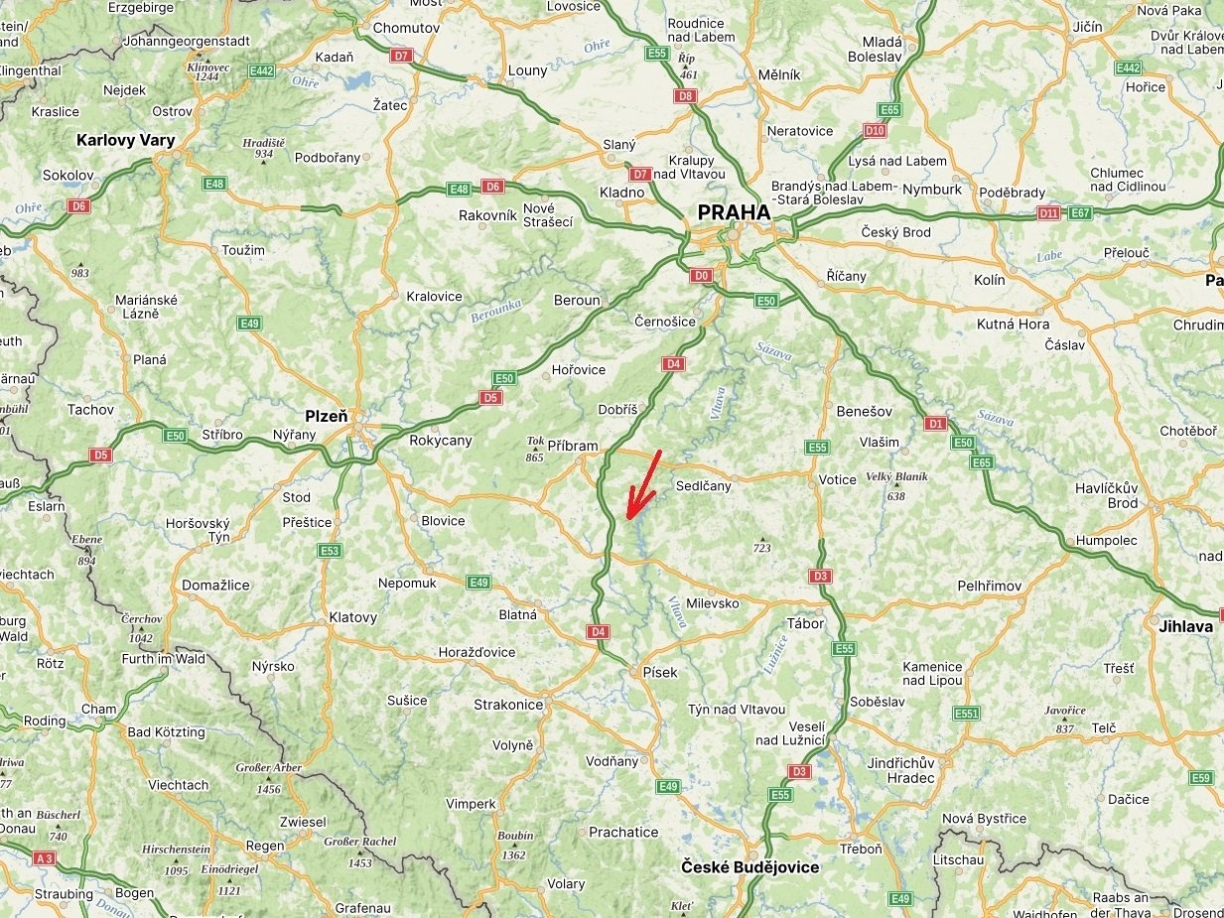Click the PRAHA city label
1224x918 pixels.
pos(734,212)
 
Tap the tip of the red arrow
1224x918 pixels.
pos(628,517)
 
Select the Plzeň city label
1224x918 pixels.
pos(326,416)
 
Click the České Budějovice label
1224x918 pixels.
pos(750,867)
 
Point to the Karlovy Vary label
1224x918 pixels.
pos(125,140)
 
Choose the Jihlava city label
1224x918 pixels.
pos(1185,626)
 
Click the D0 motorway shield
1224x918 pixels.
pos(702,275)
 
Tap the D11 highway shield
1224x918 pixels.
pos(1048,212)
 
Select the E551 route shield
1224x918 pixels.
pos(966,714)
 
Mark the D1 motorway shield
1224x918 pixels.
pos(935,424)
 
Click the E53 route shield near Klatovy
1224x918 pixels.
pos(330,551)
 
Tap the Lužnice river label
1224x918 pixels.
pos(775,654)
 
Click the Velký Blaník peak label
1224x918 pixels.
pos(896,476)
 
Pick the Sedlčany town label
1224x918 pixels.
pos(703,486)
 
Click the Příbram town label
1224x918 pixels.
pos(573,446)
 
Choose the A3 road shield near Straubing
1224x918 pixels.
pos(44,857)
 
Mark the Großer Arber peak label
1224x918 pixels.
pos(268,768)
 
